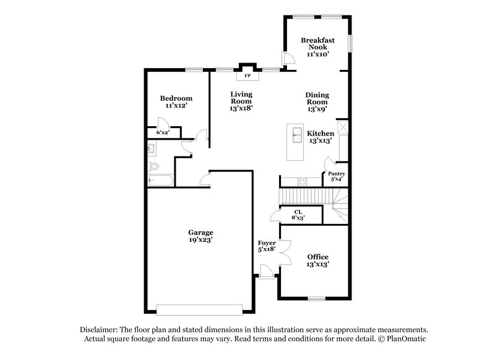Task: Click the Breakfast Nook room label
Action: tap(317, 47)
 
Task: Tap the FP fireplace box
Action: tap(247, 75)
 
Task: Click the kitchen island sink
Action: tap(296, 133)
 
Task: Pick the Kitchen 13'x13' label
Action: tap(321, 137)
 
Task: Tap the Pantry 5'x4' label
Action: tap(336, 177)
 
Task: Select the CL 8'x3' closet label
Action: tap(298, 215)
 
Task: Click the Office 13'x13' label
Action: tap(317, 260)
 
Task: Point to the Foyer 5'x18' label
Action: tap(267, 247)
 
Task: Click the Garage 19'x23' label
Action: tap(200, 236)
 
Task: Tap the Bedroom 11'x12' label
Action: tap(176, 102)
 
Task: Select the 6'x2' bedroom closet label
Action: tap(163, 132)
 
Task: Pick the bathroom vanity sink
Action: tap(152, 148)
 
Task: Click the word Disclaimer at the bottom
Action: tap(101, 330)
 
